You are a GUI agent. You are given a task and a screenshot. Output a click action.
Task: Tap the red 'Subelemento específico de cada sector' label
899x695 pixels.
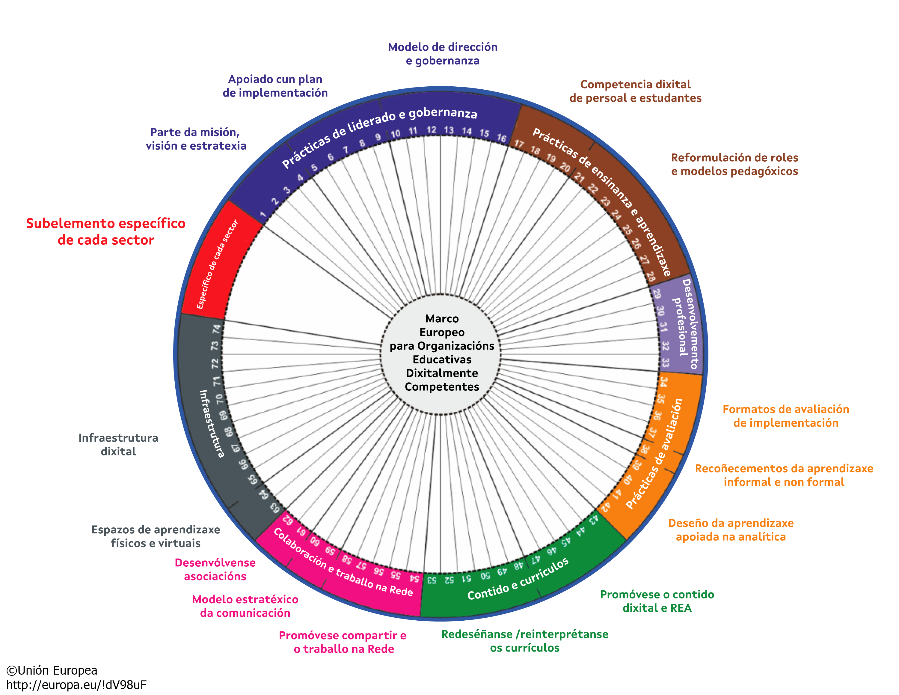(x=106, y=231)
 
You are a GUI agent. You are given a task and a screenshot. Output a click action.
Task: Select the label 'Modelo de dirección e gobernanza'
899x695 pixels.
(x=443, y=54)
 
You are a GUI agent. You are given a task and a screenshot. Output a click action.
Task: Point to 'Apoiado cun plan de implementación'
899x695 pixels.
(x=275, y=86)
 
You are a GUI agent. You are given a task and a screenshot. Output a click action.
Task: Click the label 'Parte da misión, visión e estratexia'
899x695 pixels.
(x=195, y=139)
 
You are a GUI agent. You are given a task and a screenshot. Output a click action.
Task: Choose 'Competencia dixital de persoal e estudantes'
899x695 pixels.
(x=635, y=91)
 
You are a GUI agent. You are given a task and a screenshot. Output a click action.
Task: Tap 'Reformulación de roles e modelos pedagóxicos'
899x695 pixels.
(x=734, y=164)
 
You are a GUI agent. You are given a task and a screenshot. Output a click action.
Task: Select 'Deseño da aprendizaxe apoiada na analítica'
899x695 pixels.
(x=731, y=530)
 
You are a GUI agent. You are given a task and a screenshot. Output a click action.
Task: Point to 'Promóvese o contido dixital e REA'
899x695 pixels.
(x=657, y=601)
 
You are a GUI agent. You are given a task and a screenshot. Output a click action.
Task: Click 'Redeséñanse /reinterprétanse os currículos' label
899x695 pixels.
(x=524, y=641)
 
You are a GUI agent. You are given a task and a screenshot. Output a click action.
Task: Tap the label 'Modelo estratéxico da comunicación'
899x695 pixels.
(x=245, y=606)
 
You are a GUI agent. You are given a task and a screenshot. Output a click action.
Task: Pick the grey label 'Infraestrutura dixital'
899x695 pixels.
(x=118, y=445)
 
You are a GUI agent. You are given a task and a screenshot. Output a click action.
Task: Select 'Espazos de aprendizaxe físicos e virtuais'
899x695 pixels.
(x=156, y=536)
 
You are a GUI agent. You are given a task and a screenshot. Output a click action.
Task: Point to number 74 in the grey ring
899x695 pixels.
(x=216, y=330)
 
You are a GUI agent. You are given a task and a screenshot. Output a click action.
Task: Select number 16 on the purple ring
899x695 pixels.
(x=501, y=138)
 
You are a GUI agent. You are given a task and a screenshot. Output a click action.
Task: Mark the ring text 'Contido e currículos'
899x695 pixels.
(x=518, y=579)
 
